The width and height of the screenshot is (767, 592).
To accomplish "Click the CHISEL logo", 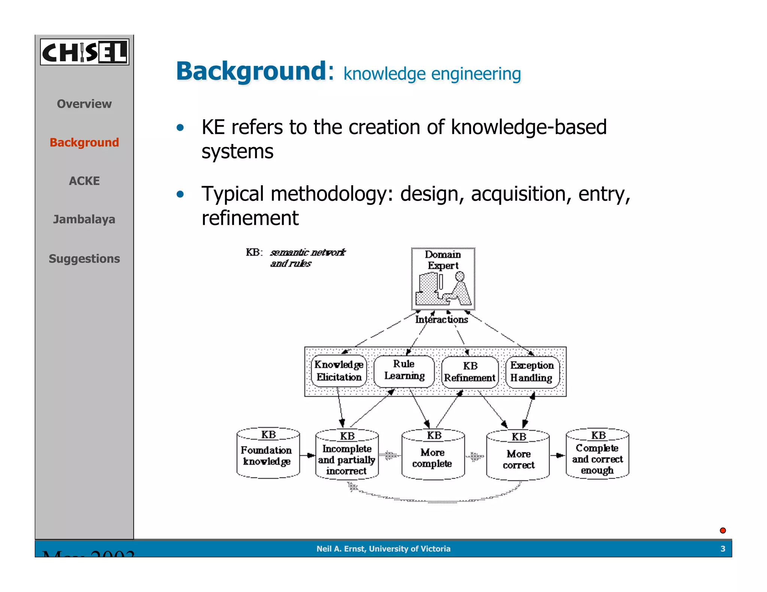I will [85, 52].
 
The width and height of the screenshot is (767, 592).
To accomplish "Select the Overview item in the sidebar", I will [84, 104].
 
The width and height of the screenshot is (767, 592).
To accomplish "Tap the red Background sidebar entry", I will [84, 143].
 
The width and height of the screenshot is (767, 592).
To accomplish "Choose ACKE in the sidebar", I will [84, 181].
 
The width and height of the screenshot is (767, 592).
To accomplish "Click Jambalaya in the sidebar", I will [84, 219].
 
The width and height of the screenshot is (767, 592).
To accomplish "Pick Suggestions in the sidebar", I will [84, 259].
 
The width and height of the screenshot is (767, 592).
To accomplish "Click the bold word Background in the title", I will [251, 71].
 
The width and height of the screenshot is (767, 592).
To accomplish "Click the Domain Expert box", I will [443, 279].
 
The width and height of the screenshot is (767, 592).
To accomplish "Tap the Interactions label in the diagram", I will [442, 320].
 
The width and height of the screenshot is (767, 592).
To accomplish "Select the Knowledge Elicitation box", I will [339, 371].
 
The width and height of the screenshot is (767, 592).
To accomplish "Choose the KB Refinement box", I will [470, 372].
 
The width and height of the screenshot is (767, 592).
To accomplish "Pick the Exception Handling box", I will [532, 372].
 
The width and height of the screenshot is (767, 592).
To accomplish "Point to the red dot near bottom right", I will [723, 530].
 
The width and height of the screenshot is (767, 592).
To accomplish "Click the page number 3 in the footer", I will [723, 549].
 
